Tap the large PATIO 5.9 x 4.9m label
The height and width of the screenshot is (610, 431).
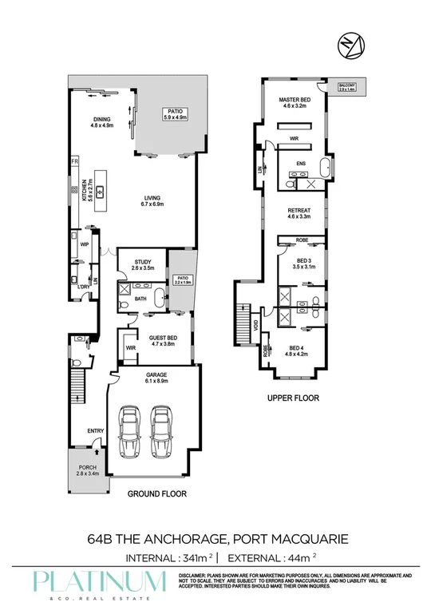click(x=174, y=114)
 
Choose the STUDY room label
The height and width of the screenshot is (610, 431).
click(x=143, y=264)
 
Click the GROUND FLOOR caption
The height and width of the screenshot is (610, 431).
click(x=157, y=494)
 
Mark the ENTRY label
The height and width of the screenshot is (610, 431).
click(x=96, y=432)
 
